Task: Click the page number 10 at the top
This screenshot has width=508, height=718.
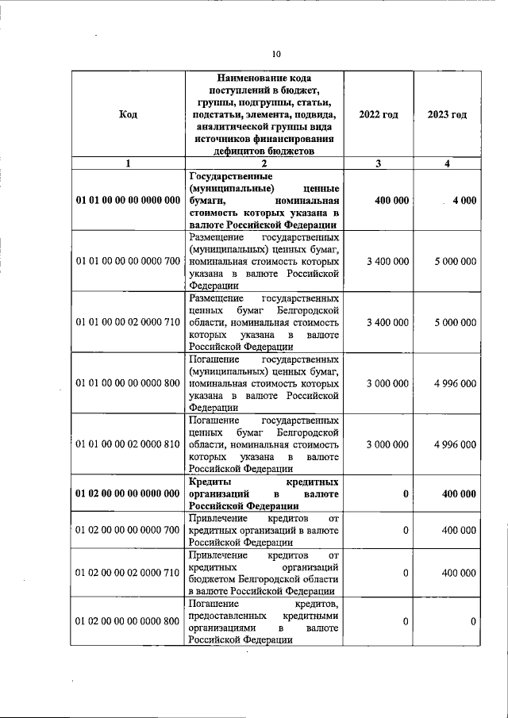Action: coord(276,55)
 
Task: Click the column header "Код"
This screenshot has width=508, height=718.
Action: coord(128,114)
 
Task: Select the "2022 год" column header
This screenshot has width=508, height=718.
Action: coord(379,114)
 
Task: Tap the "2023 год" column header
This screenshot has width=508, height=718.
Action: coord(447,114)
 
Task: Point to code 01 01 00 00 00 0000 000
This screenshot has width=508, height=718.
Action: coord(129,201)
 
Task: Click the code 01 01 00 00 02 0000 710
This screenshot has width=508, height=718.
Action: coord(129,322)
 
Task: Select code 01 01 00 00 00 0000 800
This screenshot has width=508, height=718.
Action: coord(129,383)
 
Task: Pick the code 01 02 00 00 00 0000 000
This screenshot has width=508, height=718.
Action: coord(129,493)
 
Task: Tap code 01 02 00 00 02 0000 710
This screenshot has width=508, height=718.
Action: coord(129,573)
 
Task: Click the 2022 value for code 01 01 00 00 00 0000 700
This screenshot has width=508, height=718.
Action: coord(388,261)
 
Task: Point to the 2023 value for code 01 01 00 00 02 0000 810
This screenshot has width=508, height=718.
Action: coord(456,444)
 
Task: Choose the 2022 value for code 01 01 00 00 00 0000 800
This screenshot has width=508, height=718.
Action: coord(388,383)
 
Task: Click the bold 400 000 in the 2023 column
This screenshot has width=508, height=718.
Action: coord(460,493)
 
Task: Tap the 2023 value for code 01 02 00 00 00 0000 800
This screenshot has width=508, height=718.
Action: coord(472,621)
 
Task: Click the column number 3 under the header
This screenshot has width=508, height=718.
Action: coord(379,163)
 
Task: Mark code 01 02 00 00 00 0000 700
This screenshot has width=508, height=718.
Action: coord(129,529)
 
